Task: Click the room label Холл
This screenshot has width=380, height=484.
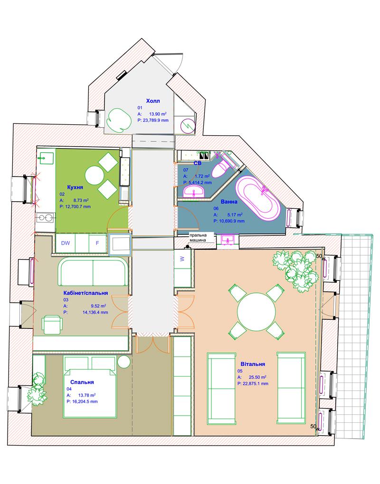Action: point(153,101)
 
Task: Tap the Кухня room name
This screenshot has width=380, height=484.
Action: point(75,187)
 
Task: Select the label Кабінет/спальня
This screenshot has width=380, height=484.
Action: point(85,293)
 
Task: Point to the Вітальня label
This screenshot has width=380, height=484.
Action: point(253,364)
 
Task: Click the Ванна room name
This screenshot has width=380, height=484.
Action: point(229,202)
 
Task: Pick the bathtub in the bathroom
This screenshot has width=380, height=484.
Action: point(258,198)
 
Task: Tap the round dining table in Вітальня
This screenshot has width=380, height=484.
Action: point(256,311)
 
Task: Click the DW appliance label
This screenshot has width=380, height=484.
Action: point(66,243)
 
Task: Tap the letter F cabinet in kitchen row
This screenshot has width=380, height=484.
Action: point(97,243)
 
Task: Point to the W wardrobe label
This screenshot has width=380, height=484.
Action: point(182,259)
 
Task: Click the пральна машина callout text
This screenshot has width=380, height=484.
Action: point(198,238)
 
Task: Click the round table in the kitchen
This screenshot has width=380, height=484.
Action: point(94,176)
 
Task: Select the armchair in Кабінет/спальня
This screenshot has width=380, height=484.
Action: point(53,325)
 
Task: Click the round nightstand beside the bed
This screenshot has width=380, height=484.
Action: point(124,362)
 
